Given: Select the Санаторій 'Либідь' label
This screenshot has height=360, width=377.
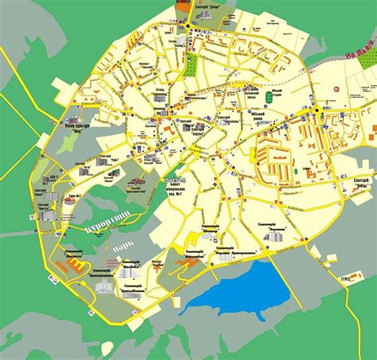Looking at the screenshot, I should click(x=365, y=182).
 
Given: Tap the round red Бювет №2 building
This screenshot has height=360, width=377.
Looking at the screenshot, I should click(x=71, y=199).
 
